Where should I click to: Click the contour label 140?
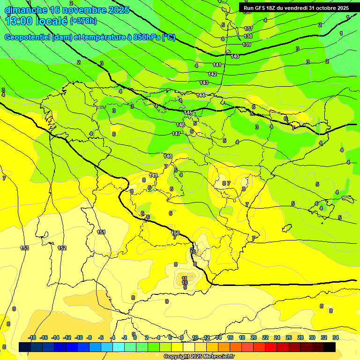[x=235, y=56]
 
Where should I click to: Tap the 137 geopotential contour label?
[x=248, y=29]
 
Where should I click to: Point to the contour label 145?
[x=188, y=113]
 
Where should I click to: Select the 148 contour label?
[x=168, y=156]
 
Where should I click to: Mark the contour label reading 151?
[x=101, y=232]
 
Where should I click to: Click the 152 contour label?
[x=62, y=248]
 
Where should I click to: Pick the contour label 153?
[x=24, y=248]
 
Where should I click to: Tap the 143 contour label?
[x=204, y=82]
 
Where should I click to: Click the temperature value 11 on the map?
[x=185, y=278]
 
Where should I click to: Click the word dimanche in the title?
[x=23, y=10]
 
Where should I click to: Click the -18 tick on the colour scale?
[x=32, y=337]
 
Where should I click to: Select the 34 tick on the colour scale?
[x=336, y=337]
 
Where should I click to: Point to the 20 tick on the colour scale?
[x=254, y=337]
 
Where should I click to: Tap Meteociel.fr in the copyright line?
[x=216, y=357]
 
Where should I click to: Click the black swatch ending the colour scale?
[x=330, y=346]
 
